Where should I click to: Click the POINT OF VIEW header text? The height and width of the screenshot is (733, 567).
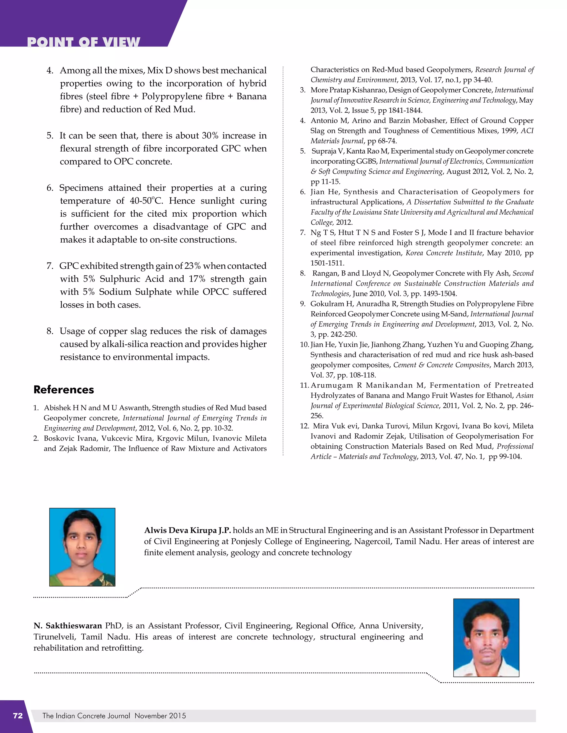point(83,42)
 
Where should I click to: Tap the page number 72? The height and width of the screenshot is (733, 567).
point(18,716)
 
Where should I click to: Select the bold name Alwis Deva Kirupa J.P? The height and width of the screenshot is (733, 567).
point(187,530)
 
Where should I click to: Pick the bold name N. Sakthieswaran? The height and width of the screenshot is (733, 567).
point(68,626)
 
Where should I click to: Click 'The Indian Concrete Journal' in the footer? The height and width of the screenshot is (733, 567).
point(86,716)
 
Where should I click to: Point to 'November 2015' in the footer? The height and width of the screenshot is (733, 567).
point(160,716)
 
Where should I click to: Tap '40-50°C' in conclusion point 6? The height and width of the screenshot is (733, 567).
point(146,201)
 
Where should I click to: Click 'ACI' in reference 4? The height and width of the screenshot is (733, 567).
point(527,131)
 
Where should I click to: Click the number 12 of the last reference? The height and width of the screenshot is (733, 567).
point(304,426)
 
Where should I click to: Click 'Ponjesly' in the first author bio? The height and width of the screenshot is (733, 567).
point(246,541)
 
